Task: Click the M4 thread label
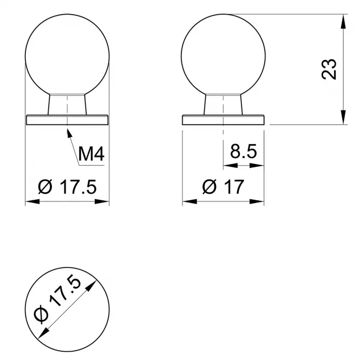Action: coord(91,154)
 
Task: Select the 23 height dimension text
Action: coord(329,69)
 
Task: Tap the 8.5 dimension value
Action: coord(244,151)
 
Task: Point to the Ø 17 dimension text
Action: coord(223,186)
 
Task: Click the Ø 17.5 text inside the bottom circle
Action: coord(57,299)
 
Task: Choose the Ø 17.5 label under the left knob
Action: coord(67,187)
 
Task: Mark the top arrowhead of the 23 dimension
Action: coord(343,22)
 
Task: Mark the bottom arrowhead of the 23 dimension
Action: coord(343,117)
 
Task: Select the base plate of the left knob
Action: coord(67,120)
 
